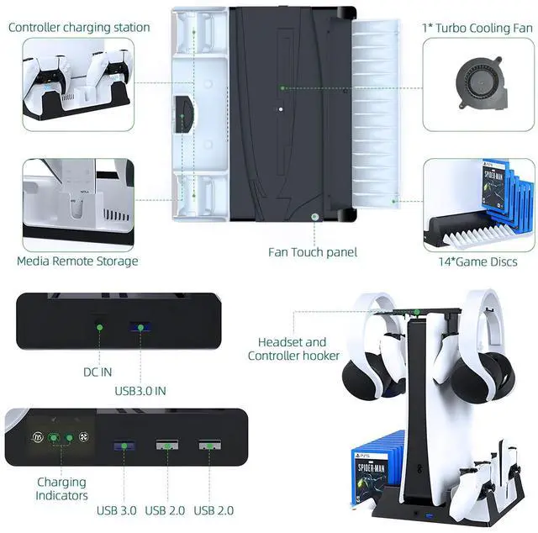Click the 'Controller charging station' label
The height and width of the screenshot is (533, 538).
(x=79, y=27)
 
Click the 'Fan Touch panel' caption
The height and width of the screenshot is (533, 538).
(x=313, y=252)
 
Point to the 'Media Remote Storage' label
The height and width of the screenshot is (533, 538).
(x=77, y=261)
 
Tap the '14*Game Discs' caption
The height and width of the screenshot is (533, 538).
(x=478, y=262)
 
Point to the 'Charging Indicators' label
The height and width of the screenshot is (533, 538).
(x=61, y=489)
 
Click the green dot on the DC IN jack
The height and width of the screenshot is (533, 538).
(x=98, y=327)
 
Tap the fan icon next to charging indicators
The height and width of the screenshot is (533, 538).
(x=82, y=438)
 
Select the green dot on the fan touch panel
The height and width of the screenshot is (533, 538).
(x=314, y=216)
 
